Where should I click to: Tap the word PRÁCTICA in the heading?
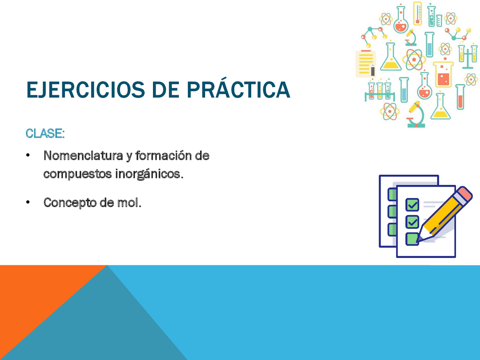[238, 90]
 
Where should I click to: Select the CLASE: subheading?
[45, 133]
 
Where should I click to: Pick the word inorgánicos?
[149, 174]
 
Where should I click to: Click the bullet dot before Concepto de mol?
[28, 203]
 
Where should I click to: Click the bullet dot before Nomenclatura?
[28, 156]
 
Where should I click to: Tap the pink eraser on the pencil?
[465, 194]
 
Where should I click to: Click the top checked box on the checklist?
[412, 205]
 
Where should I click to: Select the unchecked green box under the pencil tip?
[412, 239]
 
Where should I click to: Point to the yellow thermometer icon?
[417, 13]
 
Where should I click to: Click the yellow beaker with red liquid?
[443, 75]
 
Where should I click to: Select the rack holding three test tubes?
[379, 91]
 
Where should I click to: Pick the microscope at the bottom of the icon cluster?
[415, 115]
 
